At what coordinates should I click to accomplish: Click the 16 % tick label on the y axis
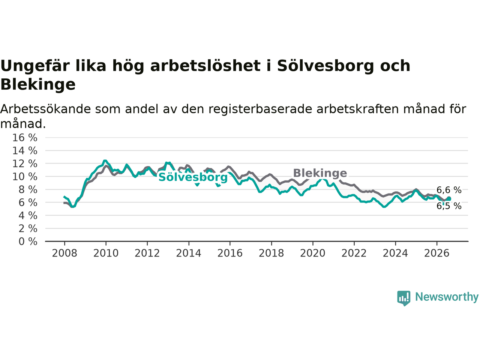(25, 138)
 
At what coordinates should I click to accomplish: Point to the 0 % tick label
(28, 242)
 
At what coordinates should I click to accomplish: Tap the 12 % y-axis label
(25, 164)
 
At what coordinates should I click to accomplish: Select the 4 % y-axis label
(28, 216)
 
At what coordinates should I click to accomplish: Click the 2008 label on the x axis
(64, 253)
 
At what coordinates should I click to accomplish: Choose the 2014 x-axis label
(189, 253)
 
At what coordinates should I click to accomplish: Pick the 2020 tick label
(313, 253)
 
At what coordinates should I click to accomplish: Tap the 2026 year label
(437, 253)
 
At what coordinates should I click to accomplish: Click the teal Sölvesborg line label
(193, 177)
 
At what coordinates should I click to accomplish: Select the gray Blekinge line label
(320, 173)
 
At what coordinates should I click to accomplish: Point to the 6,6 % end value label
(449, 190)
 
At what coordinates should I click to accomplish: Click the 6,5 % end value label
(449, 206)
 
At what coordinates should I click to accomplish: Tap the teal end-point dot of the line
(449, 199)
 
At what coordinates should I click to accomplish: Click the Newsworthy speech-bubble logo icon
(403, 298)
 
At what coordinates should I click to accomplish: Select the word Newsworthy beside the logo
(447, 297)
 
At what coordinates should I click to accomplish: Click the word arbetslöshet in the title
(205, 66)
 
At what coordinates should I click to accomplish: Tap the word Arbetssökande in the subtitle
(45, 109)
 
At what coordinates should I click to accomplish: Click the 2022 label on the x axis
(354, 253)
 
